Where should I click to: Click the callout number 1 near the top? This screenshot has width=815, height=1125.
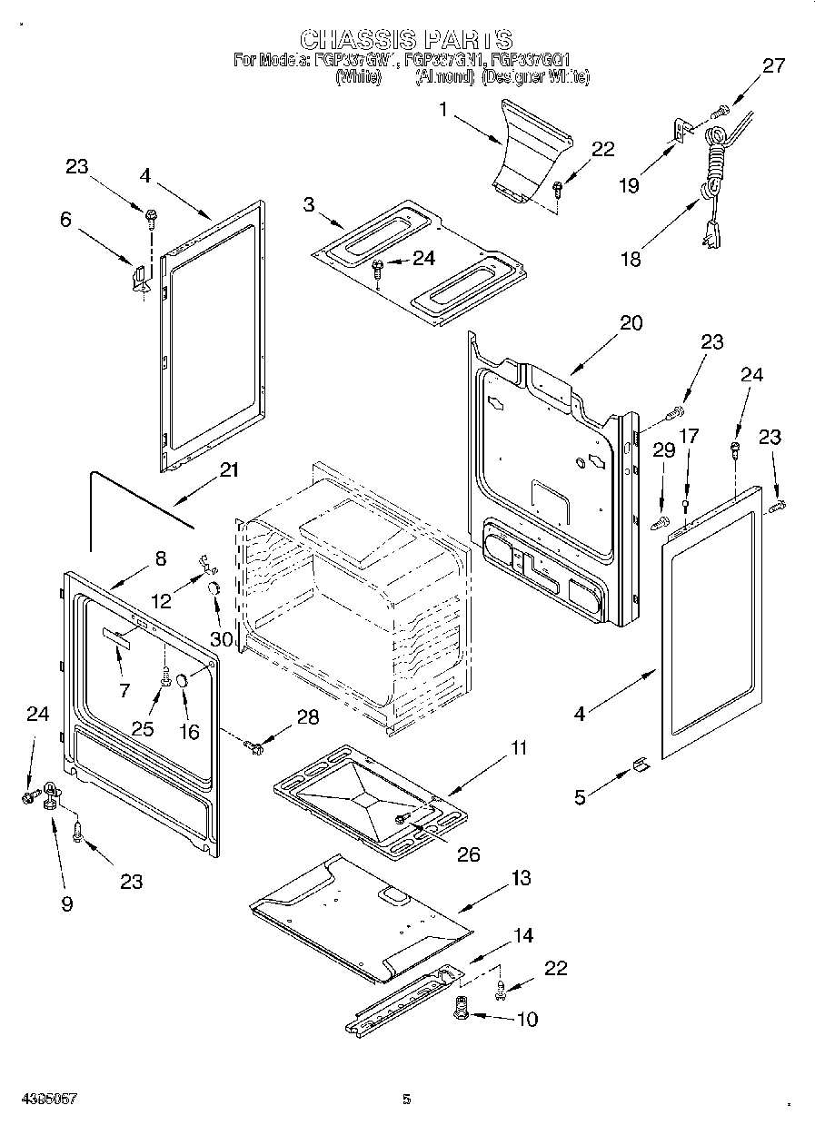(x=443, y=110)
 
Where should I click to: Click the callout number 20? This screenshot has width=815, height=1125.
(x=631, y=322)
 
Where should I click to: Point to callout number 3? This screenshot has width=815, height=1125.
(x=310, y=204)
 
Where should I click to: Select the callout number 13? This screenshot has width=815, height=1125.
(x=520, y=878)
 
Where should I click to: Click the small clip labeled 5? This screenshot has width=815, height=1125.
(x=639, y=767)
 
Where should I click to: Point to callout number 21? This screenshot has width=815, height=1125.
(x=229, y=469)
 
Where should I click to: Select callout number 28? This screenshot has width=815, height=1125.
(x=308, y=717)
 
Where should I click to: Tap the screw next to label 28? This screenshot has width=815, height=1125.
(x=253, y=747)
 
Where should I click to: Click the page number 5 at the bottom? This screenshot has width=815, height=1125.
(x=406, y=1100)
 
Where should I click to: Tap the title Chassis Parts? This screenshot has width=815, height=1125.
(x=406, y=40)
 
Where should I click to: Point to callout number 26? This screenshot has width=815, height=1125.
(x=468, y=854)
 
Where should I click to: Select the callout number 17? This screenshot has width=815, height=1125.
(x=690, y=436)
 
